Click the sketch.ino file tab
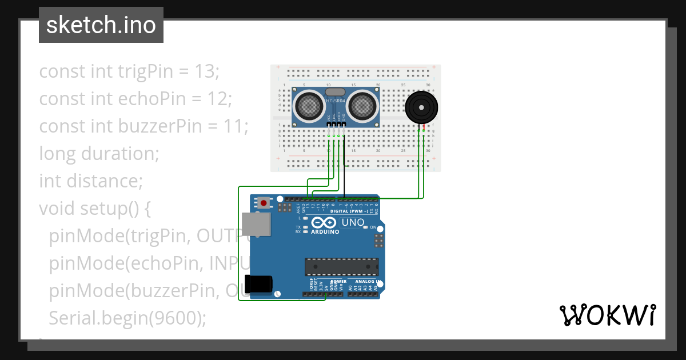click(x=101, y=25)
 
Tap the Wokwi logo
click(x=607, y=315)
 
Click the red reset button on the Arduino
click(x=264, y=202)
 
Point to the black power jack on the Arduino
click(x=258, y=284)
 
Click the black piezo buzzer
click(x=422, y=107)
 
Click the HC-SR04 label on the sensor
click(x=336, y=101)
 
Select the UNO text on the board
click(x=353, y=222)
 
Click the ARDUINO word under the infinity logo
click(x=325, y=232)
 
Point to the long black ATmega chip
click(x=341, y=266)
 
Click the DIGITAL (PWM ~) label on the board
click(x=349, y=211)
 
